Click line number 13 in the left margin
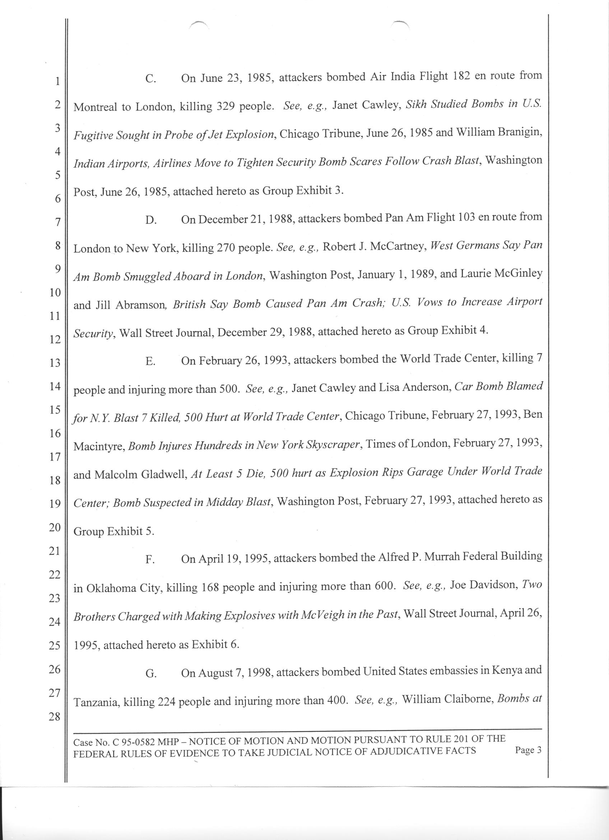55,363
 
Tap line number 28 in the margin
55,717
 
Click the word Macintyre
98,447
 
